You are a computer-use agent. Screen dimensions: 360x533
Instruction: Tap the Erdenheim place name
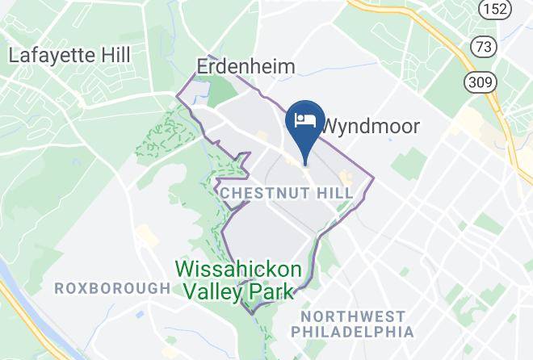tap(246, 66)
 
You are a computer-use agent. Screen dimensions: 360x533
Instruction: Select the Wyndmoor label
tap(371, 127)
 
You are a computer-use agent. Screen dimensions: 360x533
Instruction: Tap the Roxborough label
tap(112, 288)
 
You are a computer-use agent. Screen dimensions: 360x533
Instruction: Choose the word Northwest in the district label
tap(353, 316)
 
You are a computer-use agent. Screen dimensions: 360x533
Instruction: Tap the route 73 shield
tap(484, 47)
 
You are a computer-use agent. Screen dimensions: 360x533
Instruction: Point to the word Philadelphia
tap(353, 332)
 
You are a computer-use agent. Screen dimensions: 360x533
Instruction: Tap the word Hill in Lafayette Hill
tap(112, 56)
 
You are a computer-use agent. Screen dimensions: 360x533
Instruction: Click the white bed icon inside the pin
tap(305, 121)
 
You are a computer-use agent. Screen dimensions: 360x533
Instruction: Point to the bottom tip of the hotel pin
tap(305, 163)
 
